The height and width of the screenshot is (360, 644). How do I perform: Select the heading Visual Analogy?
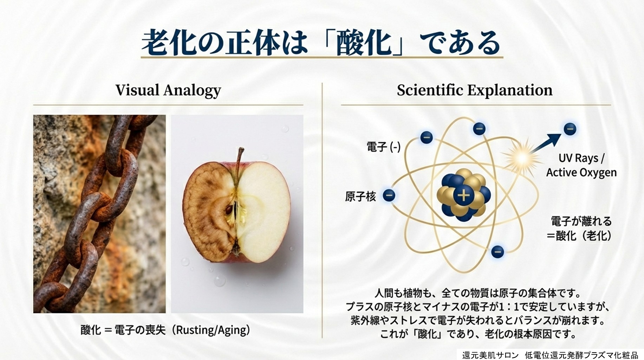click(168, 90)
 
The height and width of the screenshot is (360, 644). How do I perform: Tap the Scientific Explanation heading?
click(475, 90)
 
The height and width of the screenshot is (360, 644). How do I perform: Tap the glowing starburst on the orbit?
click(521, 159)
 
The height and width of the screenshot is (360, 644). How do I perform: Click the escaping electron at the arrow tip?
click(570, 129)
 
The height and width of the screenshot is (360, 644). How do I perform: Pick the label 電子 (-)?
click(383, 147)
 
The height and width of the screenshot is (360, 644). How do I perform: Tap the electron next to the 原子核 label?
click(389, 195)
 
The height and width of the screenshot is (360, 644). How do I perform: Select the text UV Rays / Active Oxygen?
click(581, 165)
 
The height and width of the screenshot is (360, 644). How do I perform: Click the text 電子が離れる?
click(581, 221)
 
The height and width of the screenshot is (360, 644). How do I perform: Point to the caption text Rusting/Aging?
click(213, 330)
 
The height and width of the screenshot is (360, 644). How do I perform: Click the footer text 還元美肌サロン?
click(490, 355)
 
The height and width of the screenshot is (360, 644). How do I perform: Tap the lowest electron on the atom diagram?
click(497, 251)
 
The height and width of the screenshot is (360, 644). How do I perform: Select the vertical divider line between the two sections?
click(322, 210)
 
